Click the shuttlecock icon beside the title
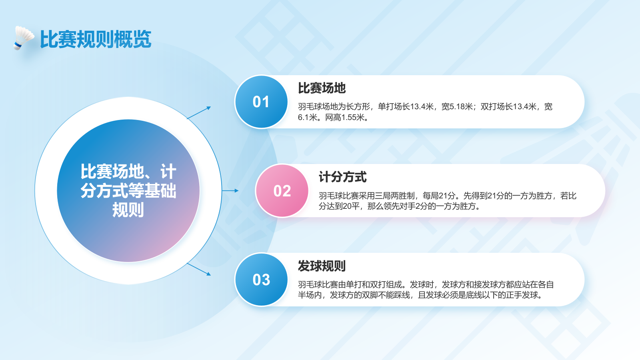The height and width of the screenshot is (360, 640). pos(23,38)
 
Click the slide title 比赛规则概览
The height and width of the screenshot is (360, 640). pos(96,40)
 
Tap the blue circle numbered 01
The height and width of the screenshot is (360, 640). pos(261,102)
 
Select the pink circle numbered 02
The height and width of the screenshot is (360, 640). pos(282,191)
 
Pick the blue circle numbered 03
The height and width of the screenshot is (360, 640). pos(261,280)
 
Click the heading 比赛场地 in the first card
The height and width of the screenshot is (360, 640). pos(322,88)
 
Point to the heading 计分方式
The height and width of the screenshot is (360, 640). pos(342,177)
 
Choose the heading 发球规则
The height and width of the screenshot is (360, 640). pos(322,266)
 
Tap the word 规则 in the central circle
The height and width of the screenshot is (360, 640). pos(128,210)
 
